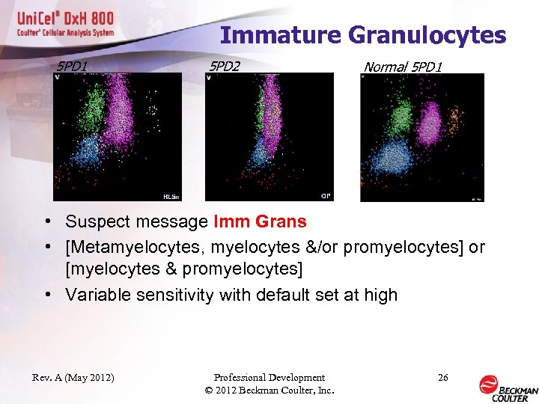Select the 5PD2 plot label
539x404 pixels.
point(225,67)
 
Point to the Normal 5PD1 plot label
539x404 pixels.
point(403,67)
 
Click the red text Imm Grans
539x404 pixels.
point(260,221)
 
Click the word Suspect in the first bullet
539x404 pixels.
point(94,221)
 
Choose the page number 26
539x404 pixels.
point(443,378)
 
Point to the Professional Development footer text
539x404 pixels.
point(269,378)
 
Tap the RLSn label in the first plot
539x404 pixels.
point(170,196)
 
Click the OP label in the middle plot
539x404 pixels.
point(326,195)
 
